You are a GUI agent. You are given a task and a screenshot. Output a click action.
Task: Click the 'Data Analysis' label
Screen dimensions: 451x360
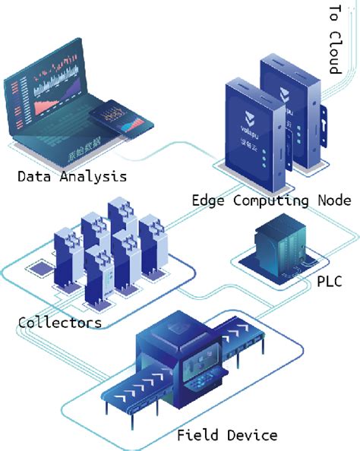[71, 177]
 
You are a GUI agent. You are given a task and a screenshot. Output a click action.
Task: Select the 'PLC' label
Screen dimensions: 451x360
[328, 282]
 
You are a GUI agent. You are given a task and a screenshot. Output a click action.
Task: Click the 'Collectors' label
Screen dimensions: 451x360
[59, 323]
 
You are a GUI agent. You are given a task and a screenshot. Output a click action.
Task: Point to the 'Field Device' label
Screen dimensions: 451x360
[227, 435]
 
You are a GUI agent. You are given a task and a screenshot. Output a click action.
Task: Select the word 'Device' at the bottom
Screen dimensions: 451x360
[253, 435]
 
